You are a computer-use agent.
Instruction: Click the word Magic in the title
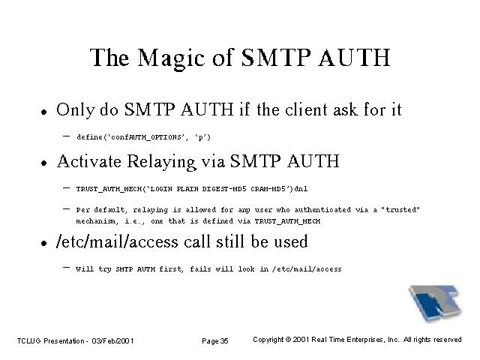tap(171, 58)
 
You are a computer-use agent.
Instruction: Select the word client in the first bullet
tap(306, 109)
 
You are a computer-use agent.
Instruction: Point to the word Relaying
tap(161, 162)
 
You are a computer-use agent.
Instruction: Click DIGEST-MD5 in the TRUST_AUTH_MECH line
tap(224, 188)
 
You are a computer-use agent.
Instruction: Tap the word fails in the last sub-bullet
tap(200, 269)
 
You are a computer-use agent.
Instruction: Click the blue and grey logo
tap(435, 303)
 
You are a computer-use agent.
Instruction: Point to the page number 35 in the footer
tap(224, 340)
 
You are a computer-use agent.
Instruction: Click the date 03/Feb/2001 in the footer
tap(112, 340)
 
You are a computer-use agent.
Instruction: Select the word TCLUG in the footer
tap(28, 340)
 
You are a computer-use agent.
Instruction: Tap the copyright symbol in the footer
tap(288, 340)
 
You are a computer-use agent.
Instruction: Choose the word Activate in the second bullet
tap(89, 161)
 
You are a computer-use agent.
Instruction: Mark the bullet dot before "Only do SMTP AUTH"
tap(44, 112)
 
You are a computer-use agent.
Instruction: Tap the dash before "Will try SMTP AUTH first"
tap(66, 268)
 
